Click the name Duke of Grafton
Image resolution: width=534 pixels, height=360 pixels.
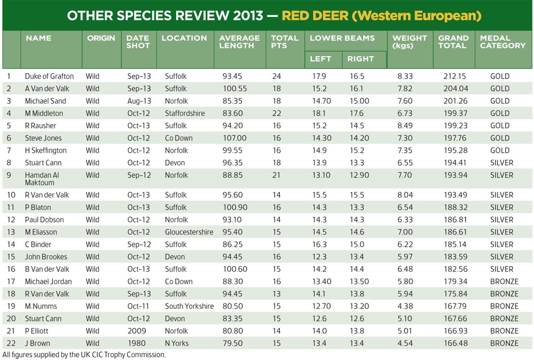(x=49, y=76)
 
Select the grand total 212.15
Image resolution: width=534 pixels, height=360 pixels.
(x=454, y=76)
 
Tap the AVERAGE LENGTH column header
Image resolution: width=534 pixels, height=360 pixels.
(x=239, y=42)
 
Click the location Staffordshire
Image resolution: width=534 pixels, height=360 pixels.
(x=185, y=113)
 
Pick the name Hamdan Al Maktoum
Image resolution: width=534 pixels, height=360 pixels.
(x=42, y=179)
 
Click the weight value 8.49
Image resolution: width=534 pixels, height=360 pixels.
(x=405, y=126)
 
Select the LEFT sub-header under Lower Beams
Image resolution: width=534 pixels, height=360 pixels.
(x=320, y=59)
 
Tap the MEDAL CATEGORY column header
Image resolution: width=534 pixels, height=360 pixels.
(x=502, y=42)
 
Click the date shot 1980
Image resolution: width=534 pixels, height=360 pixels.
(x=137, y=343)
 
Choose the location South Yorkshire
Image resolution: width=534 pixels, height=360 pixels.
(x=190, y=306)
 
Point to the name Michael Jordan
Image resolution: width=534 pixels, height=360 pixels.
(x=49, y=281)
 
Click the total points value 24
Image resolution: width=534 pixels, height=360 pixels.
(x=277, y=76)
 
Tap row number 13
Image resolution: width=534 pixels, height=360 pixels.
(x=11, y=232)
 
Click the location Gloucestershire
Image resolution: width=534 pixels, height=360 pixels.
(x=189, y=232)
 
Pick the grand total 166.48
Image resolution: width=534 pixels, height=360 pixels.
(x=455, y=343)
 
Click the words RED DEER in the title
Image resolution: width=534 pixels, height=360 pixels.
(x=315, y=15)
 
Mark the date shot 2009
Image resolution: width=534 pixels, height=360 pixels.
(x=137, y=331)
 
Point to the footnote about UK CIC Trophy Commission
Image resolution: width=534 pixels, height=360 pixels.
(x=84, y=355)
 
